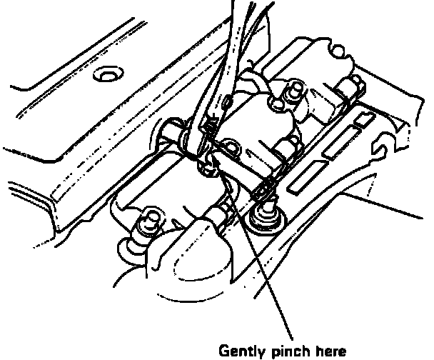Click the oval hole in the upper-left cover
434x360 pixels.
110,74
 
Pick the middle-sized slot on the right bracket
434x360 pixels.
338,147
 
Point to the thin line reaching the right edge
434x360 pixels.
407,210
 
